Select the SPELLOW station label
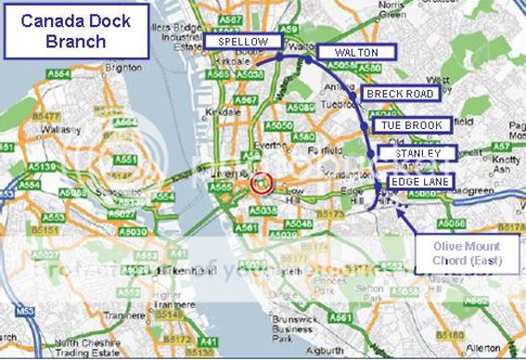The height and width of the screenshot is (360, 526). [243, 43]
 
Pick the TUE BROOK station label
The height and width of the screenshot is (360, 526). [413, 124]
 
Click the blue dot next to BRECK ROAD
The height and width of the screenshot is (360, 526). [353, 94]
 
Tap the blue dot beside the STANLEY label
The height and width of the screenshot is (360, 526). [371, 153]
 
